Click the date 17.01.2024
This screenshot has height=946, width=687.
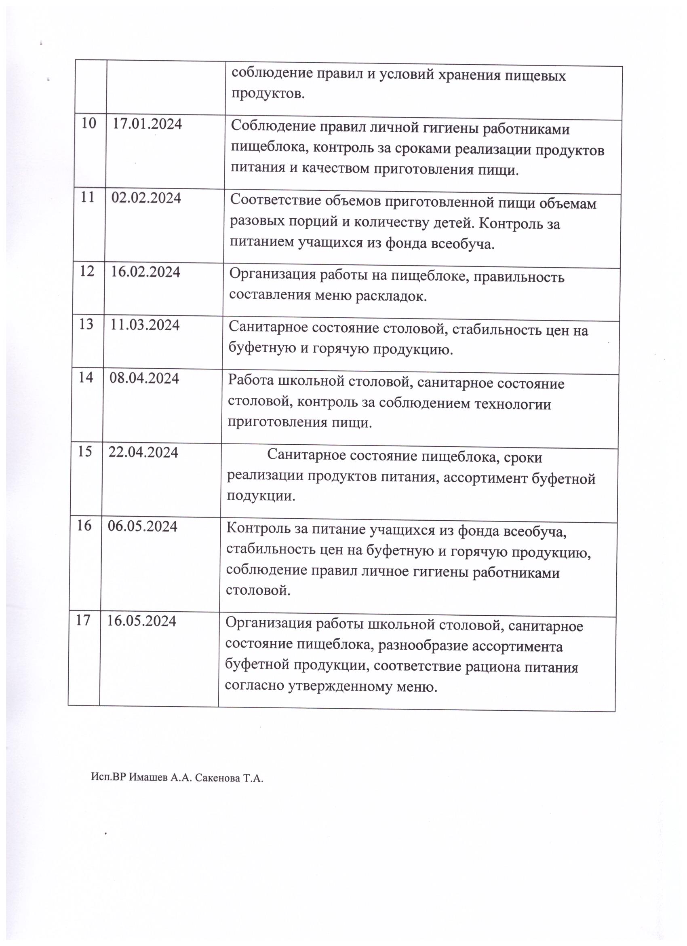[x=148, y=124]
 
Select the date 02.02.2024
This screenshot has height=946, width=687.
[x=146, y=198]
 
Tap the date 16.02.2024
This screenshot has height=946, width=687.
[x=145, y=272]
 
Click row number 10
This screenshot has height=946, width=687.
[x=89, y=123]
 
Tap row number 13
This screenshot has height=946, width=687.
[x=86, y=324]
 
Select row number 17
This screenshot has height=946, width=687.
[x=83, y=620]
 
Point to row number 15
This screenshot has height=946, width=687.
[x=84, y=451]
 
